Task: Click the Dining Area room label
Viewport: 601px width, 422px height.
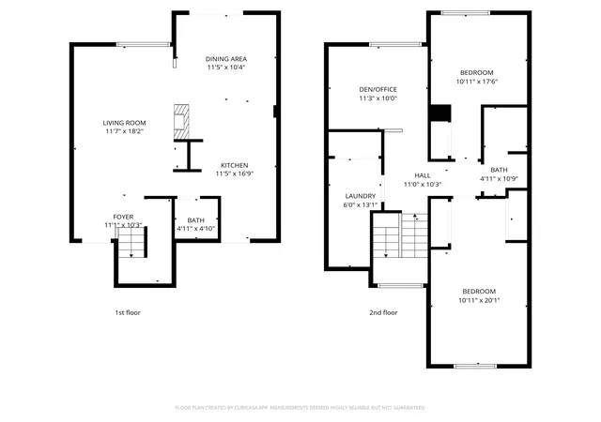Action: pos(226,59)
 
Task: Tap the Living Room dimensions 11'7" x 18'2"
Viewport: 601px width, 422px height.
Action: pos(125,131)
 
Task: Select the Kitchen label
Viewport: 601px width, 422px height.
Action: pos(234,165)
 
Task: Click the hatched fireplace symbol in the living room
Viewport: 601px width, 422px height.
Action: pos(181,121)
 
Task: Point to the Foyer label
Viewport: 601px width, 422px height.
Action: pos(123,217)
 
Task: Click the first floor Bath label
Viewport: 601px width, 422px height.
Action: pos(196,220)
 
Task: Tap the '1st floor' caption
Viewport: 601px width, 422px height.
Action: pos(128,312)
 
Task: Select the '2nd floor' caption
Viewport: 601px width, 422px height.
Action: pos(383,312)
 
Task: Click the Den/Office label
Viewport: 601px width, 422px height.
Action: pos(378,90)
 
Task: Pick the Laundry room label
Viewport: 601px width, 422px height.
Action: pos(361,196)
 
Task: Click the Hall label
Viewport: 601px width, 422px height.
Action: pos(423,175)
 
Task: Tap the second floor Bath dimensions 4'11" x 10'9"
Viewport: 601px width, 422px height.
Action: pos(499,179)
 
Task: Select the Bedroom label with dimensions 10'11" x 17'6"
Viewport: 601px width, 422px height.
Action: pos(477,73)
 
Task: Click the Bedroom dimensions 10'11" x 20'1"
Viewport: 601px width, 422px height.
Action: pos(479,301)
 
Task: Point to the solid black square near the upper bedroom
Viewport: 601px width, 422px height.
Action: pos(439,113)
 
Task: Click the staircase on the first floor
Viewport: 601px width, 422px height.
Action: pos(131,243)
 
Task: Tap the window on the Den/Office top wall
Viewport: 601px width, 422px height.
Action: pos(395,44)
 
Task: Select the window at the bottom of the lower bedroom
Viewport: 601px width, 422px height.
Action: pos(475,366)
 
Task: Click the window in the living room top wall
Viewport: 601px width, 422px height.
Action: pos(143,45)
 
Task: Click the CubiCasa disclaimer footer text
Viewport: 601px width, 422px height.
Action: pos(300,408)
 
